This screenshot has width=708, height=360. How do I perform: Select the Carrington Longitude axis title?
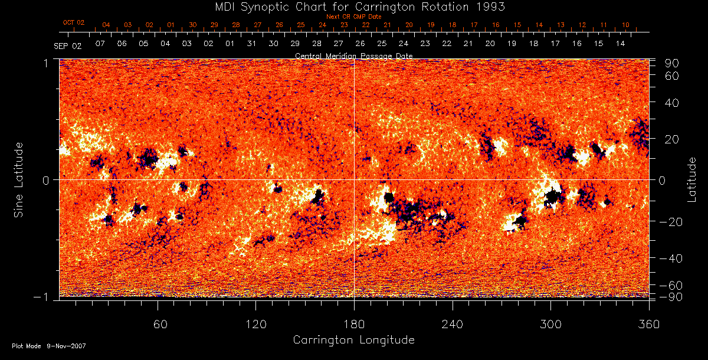point(353,340)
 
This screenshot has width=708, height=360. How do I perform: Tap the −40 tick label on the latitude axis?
point(670,258)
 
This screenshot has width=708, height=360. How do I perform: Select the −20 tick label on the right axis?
point(670,222)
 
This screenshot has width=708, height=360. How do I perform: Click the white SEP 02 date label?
point(67,45)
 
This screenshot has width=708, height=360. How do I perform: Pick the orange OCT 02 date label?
point(74,22)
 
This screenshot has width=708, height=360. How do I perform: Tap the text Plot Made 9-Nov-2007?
point(49,346)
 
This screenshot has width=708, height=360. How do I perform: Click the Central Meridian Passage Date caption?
point(353,55)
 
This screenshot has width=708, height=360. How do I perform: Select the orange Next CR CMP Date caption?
point(354,17)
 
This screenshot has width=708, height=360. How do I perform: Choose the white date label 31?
point(251,44)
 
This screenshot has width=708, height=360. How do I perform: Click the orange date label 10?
point(625,25)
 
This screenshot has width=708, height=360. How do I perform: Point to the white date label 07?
point(100,44)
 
